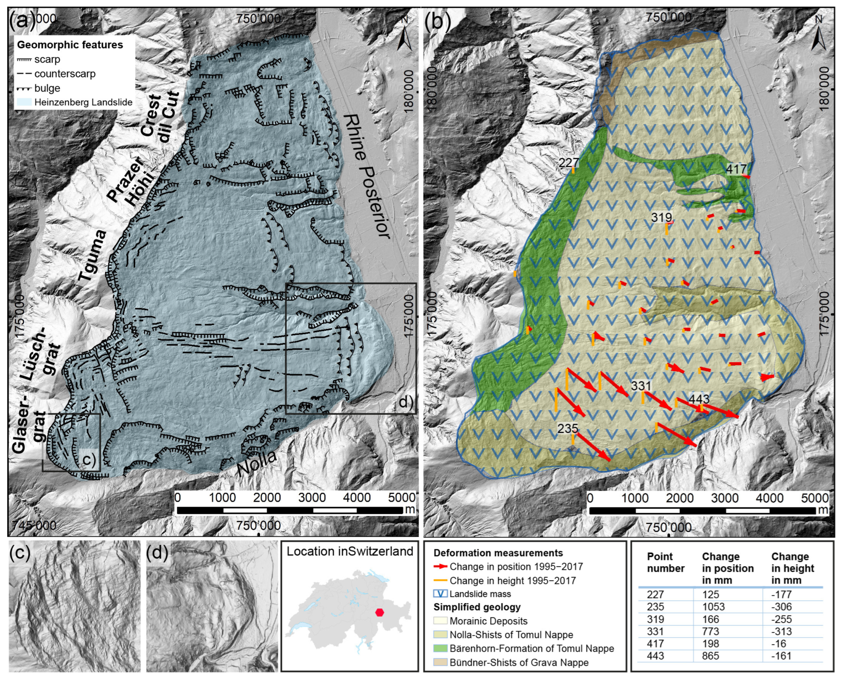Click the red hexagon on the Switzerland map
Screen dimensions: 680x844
click(x=379, y=612)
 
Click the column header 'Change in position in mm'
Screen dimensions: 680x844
click(x=727, y=568)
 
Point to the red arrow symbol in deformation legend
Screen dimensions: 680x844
click(x=440, y=566)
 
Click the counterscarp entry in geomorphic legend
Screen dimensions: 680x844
click(x=65, y=74)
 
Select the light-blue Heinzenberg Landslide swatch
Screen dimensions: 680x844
click(x=24, y=102)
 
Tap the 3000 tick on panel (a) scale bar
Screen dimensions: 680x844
click(x=312, y=498)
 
